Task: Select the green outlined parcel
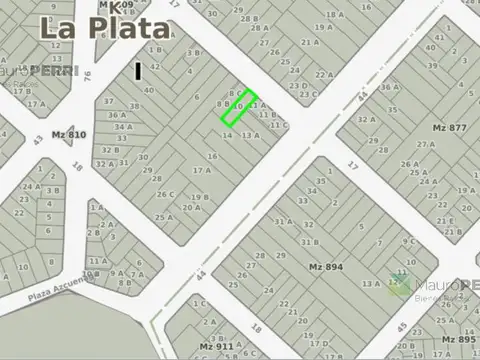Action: [x=239, y=108]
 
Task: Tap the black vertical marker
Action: [x=138, y=71]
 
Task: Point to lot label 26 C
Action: [x=165, y=194]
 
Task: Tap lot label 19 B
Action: [x=199, y=197]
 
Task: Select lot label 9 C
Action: [x=408, y=240]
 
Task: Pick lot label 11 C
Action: [x=279, y=125]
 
